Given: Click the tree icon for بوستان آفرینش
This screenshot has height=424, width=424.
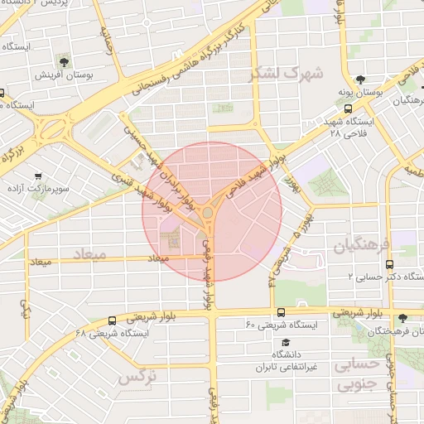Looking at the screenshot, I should pos(64,61).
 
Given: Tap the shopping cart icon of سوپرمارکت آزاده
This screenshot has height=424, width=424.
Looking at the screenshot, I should pos(38,176).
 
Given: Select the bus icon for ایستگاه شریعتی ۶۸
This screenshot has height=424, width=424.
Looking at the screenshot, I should pos(112,320).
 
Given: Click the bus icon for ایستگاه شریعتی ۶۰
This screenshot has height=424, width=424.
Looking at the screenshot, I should pos(282,312).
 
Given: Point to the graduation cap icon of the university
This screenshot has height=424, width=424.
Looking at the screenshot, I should pos(286,342).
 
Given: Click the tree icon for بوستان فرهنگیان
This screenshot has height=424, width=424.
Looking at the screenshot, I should pos(402,317).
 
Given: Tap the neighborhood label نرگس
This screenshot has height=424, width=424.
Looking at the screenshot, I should pos(137,377).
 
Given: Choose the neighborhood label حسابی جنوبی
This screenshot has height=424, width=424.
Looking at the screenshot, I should pos(358,373).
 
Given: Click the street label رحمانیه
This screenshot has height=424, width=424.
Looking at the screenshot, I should pos(106,37).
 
